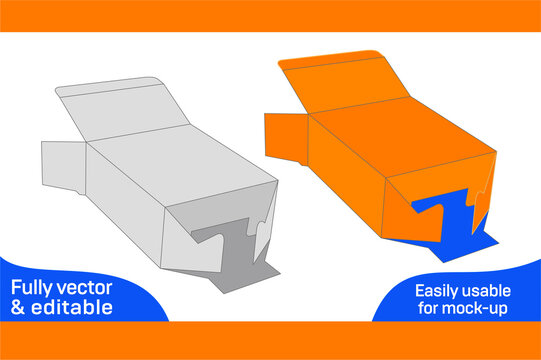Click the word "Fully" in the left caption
[34, 288]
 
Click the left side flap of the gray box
[62, 164]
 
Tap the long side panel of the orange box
[345, 170]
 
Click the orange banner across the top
[270, 15]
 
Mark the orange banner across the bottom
[270, 340]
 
